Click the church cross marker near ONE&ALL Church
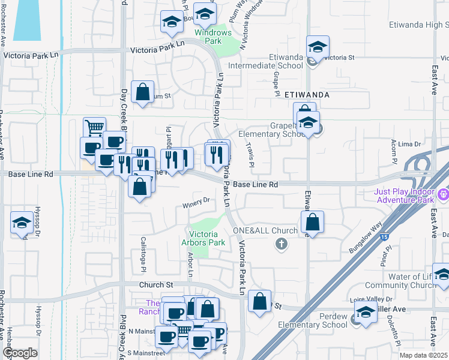(280, 244)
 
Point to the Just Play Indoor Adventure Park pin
(443, 194)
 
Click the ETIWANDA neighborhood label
(306, 95)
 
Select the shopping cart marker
(94, 127)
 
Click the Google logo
(20, 352)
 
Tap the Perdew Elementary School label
(318, 320)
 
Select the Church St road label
(157, 285)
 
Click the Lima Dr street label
(409, 144)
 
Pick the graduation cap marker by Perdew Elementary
(365, 312)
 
